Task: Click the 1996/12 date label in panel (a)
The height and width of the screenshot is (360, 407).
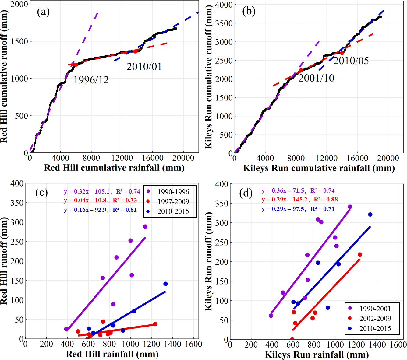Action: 91,80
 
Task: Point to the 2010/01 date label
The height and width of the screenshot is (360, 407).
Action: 144,67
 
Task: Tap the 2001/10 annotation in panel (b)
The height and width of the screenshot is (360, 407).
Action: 316,78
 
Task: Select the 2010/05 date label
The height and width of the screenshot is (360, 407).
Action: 351,61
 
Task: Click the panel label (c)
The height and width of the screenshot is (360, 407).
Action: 41,193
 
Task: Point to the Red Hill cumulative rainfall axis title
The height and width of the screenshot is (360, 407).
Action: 114,168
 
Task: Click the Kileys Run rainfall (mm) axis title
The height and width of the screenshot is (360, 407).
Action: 317,355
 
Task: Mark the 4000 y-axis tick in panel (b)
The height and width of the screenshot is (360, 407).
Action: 224,5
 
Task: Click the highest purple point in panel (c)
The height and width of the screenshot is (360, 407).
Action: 145,227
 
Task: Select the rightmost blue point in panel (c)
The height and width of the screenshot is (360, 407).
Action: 165,284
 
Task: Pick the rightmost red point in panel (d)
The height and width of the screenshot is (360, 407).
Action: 360,255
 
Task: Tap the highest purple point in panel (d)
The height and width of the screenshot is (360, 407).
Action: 350,207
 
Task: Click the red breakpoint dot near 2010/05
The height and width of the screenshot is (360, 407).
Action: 342,53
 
